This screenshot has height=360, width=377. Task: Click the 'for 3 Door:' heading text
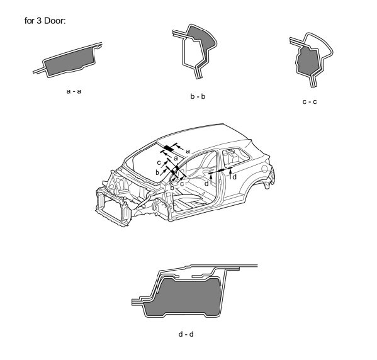[x=45, y=21]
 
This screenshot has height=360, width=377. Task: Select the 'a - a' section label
[x=74, y=91]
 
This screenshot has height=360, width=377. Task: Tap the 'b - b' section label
[x=198, y=96]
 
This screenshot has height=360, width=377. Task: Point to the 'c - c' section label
[x=310, y=102]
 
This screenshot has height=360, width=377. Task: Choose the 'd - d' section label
[x=186, y=334]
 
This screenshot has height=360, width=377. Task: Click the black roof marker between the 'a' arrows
[x=169, y=148]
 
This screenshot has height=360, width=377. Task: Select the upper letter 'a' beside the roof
[x=188, y=151]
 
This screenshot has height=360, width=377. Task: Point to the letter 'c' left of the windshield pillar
[x=159, y=163]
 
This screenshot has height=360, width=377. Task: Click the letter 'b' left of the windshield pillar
[x=157, y=172]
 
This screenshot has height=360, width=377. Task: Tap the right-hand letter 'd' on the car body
[x=234, y=177]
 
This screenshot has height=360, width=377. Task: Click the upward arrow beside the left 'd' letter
[x=211, y=179]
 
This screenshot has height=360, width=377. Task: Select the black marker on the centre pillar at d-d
[x=221, y=170]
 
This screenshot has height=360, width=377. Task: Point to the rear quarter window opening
[x=235, y=157]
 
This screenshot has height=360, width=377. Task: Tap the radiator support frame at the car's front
[x=113, y=207]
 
